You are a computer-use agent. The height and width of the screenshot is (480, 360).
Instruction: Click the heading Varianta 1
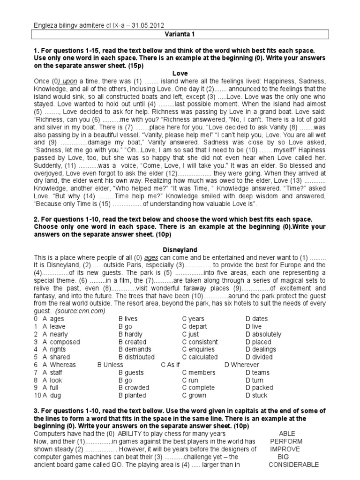[x=180, y=34]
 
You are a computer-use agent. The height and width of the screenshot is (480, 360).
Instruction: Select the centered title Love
[x=180, y=74]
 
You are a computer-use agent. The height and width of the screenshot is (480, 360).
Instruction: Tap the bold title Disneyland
[x=180, y=250]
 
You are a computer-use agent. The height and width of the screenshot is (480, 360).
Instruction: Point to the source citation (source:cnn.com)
[x=80, y=311]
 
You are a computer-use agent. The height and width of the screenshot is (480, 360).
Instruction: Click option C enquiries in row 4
[x=198, y=349]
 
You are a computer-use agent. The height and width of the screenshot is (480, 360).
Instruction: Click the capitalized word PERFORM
[x=286, y=441]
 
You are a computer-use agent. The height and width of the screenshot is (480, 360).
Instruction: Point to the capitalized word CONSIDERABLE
[x=293, y=465]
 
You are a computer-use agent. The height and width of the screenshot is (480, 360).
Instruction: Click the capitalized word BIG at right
[x=283, y=457]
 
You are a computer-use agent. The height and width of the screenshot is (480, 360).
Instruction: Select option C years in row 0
[x=193, y=319]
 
